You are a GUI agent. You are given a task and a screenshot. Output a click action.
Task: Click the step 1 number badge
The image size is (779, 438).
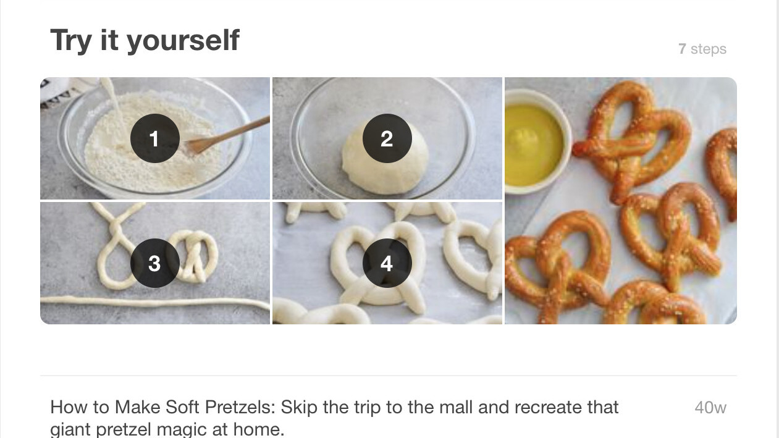click(155, 138)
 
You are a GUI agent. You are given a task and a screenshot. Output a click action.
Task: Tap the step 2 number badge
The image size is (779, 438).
click(387, 138)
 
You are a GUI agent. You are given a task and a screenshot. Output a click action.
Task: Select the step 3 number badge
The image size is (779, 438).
click(155, 263)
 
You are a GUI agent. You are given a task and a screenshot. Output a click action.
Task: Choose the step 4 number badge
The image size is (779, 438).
click(387, 263)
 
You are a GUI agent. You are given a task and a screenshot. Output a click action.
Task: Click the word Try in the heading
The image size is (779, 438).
click(71, 41)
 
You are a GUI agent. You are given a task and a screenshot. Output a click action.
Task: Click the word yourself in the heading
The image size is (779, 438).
click(183, 41)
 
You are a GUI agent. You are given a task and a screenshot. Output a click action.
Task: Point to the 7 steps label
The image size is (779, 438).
click(702, 49)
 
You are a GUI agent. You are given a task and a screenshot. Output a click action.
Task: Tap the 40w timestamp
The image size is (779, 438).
click(710, 407)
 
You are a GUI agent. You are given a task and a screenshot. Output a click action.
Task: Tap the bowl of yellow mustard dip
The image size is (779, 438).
click(536, 141)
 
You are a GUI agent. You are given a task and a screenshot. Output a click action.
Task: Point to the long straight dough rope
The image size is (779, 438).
click(155, 303)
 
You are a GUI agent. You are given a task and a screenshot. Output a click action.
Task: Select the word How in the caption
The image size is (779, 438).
click(69, 407)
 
